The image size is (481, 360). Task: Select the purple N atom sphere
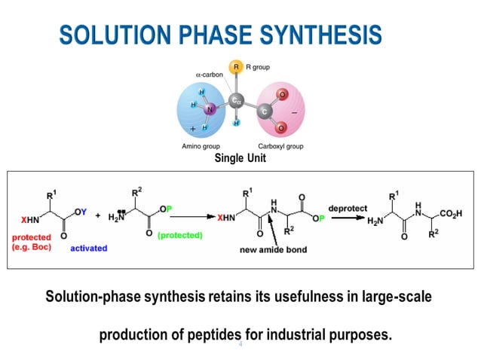[210, 110]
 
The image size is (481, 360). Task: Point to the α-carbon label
[209, 75]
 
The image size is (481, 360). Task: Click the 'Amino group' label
[200, 146]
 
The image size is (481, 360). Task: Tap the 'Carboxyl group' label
[280, 146]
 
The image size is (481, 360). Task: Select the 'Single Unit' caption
[240, 159]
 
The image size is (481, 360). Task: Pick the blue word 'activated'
[88, 248]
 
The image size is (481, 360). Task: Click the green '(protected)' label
[180, 235]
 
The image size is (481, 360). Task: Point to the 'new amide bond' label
[274, 249]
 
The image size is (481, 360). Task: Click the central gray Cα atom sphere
[236, 100]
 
